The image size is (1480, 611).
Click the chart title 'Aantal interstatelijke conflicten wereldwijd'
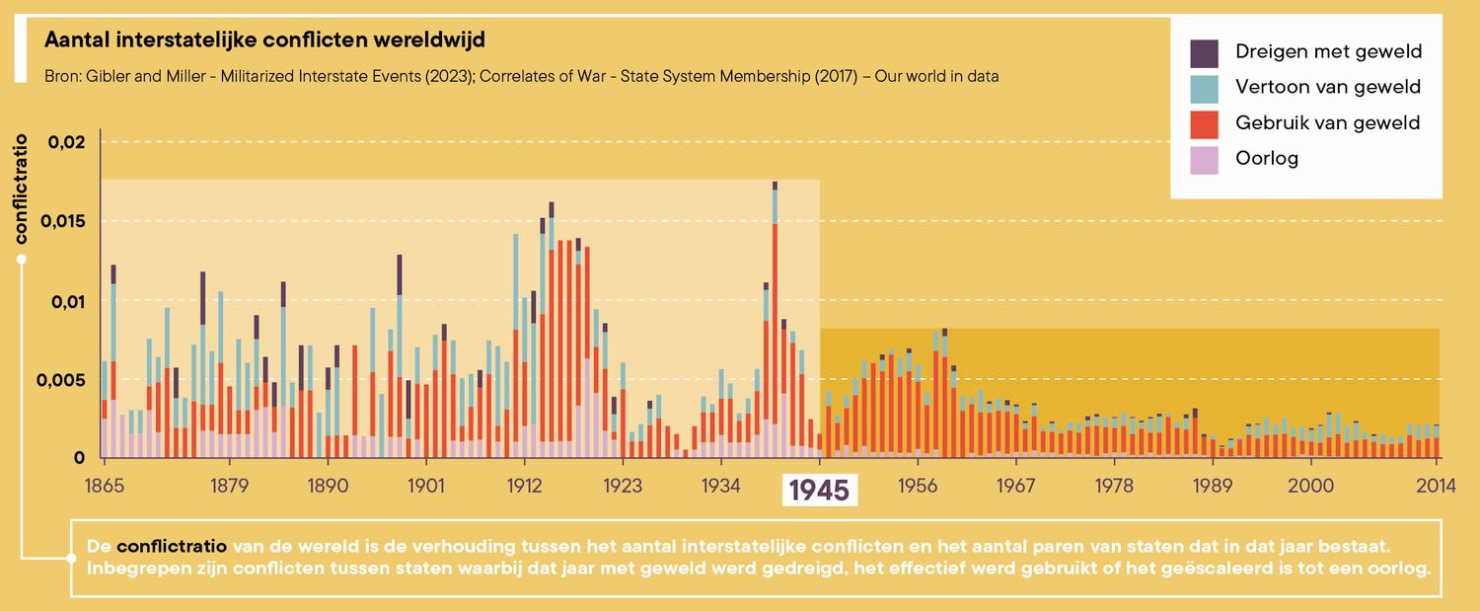click(264, 40)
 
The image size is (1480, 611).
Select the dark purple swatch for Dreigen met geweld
click(1205, 52)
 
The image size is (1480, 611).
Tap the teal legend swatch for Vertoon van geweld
click(1205, 88)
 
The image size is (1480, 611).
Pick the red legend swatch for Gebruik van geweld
click(1205, 123)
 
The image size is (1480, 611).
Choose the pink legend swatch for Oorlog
click(1205, 158)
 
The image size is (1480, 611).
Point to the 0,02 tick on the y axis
click(67, 141)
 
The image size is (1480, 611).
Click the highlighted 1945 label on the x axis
click(820, 490)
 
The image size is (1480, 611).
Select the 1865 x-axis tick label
click(103, 486)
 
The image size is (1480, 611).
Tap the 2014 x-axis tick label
click(1437, 486)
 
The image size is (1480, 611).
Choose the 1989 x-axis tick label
click(1213, 486)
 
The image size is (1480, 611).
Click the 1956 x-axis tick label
click(918, 486)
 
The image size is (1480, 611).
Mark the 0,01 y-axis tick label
click(65, 300)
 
